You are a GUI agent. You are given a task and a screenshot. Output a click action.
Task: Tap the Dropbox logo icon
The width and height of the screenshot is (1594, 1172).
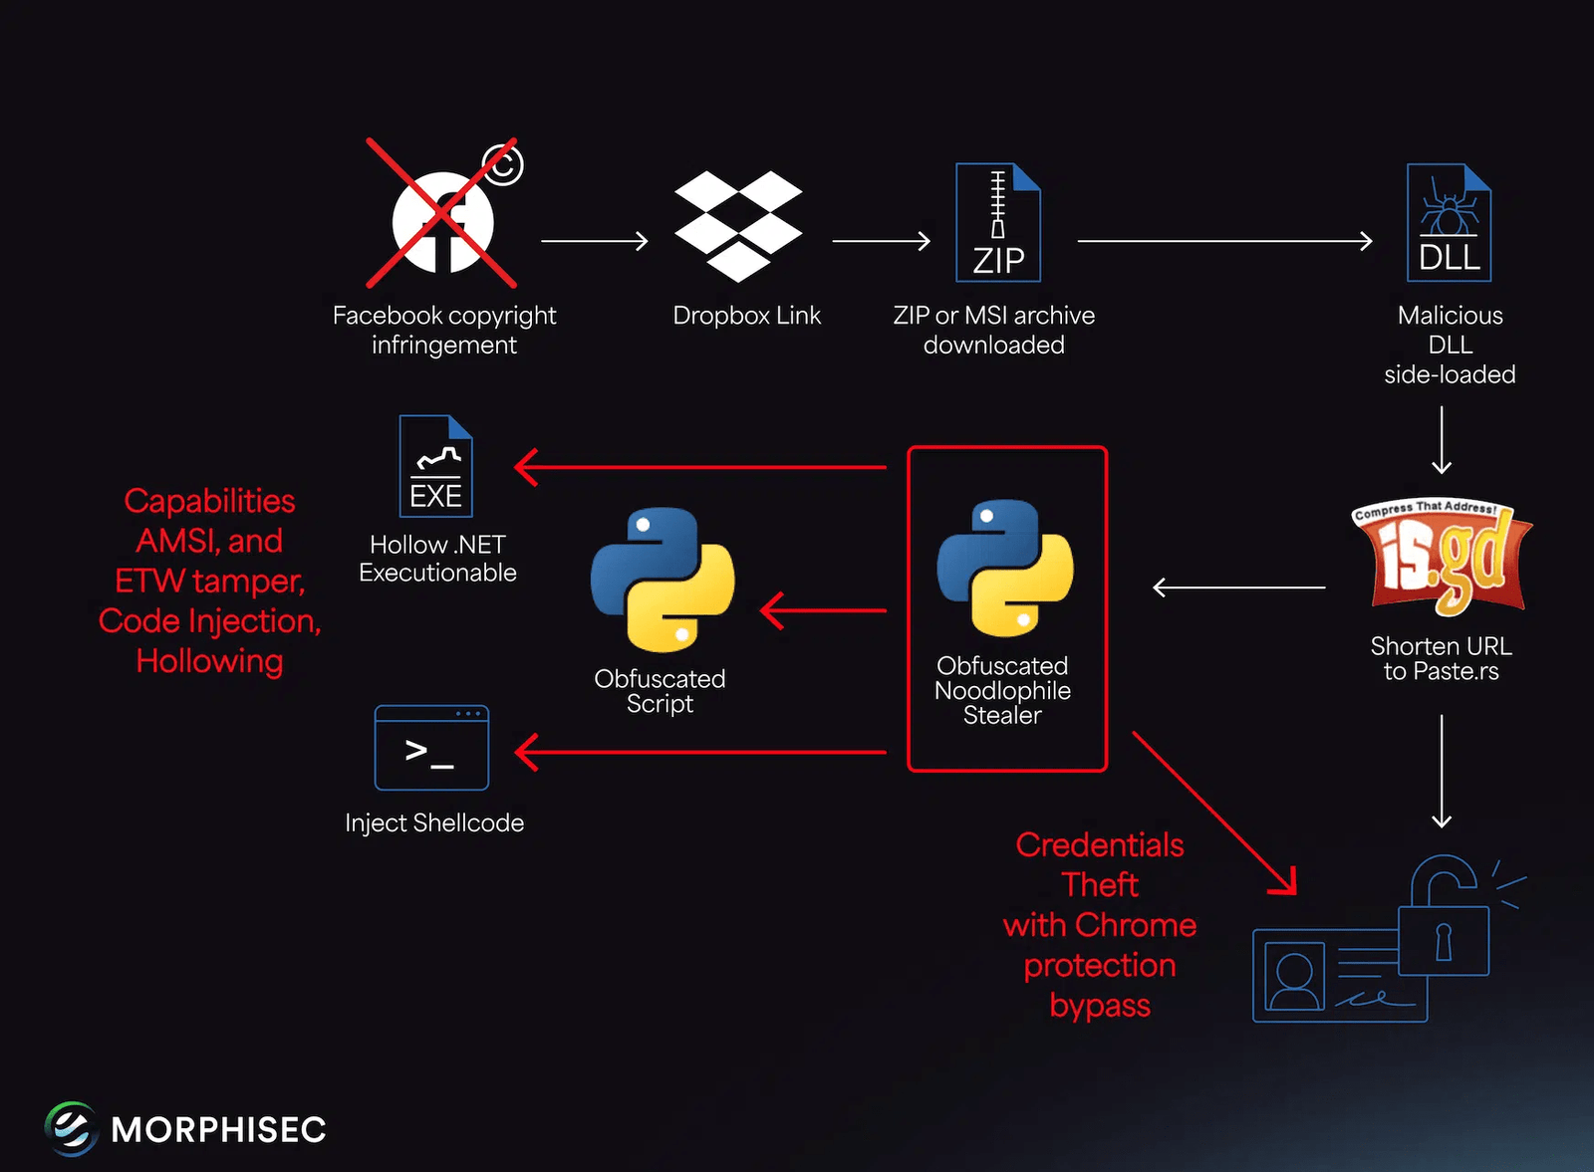tap(738, 225)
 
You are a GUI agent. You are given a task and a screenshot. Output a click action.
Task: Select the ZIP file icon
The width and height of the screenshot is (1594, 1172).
tap(998, 223)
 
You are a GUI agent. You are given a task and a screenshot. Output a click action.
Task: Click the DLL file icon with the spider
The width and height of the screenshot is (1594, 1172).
tap(1449, 223)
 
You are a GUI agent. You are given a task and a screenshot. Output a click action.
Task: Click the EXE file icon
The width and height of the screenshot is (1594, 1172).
tap(436, 466)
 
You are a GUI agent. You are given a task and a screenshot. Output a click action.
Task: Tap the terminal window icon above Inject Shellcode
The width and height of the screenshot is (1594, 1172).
tap(431, 748)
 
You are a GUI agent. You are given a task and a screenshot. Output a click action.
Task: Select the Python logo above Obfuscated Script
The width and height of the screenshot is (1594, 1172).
tap(663, 580)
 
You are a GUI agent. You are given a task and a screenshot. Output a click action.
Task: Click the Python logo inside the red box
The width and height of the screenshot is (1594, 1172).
tap(1005, 568)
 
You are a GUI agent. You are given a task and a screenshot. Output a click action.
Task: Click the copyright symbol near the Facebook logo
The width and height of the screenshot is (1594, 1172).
tap(503, 164)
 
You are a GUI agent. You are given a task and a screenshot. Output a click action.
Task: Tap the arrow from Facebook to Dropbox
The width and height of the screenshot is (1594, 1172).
tap(595, 241)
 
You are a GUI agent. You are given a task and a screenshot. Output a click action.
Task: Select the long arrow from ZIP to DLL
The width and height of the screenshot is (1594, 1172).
tap(1224, 241)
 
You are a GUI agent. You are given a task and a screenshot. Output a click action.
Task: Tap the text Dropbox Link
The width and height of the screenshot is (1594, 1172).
tap(746, 316)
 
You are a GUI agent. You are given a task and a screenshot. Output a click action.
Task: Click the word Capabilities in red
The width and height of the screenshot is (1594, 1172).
tap(210, 501)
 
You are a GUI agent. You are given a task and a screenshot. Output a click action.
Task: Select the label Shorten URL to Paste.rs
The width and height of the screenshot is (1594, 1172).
tap(1441, 658)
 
